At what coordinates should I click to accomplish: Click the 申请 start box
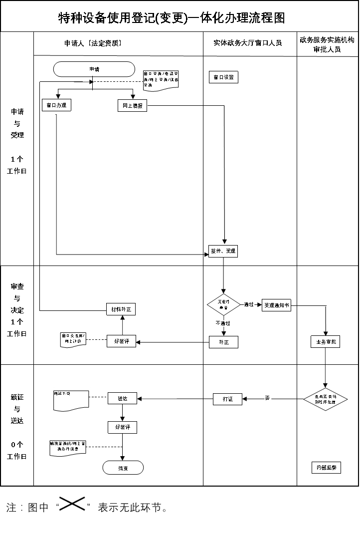[x=94, y=69]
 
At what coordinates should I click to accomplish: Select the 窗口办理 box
[x=56, y=106]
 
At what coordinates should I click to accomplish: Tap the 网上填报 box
[x=133, y=106]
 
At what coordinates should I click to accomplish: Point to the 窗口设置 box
[x=223, y=77]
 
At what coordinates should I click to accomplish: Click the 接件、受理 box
[x=223, y=251]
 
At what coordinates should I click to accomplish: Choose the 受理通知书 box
[x=276, y=305]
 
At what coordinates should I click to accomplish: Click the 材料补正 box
[x=121, y=309]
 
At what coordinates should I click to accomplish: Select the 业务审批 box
[x=325, y=342]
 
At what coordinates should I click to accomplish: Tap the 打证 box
[x=227, y=399]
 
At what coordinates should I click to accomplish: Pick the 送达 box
[x=122, y=398]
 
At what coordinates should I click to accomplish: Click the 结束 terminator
[x=123, y=468]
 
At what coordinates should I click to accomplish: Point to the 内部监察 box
[x=326, y=468]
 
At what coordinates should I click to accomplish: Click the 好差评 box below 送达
[x=122, y=427]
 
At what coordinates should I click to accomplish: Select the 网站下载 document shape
[x=71, y=400]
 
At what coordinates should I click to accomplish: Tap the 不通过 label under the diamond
[x=223, y=323]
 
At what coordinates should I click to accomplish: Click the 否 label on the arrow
[x=267, y=398]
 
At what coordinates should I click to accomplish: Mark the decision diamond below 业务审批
[x=326, y=399]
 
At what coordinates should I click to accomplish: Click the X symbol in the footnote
[x=72, y=505]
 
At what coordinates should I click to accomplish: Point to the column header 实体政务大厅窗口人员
[x=248, y=43]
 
